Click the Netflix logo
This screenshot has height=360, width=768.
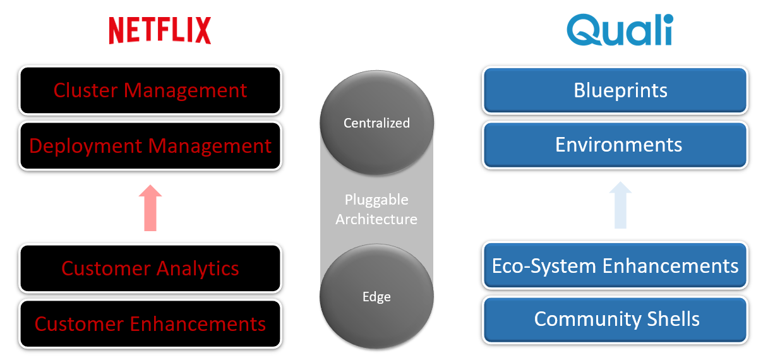(160, 30)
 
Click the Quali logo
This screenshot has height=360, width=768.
(619, 30)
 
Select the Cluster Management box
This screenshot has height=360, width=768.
(150, 90)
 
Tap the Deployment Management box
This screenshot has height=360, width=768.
(150, 146)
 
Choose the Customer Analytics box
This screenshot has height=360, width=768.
(150, 268)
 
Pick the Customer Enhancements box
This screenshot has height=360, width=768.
(150, 324)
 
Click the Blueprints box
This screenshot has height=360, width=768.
(615, 90)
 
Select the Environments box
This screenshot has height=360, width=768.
(615, 145)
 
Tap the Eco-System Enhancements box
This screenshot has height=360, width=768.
(615, 265)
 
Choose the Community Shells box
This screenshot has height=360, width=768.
(615, 319)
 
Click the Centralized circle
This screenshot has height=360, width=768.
(377, 123)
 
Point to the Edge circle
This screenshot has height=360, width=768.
(377, 297)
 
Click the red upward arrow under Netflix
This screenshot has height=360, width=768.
(150, 208)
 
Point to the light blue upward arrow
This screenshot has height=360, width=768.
(620, 205)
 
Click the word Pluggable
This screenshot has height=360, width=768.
(376, 200)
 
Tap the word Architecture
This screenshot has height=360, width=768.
(376, 219)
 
